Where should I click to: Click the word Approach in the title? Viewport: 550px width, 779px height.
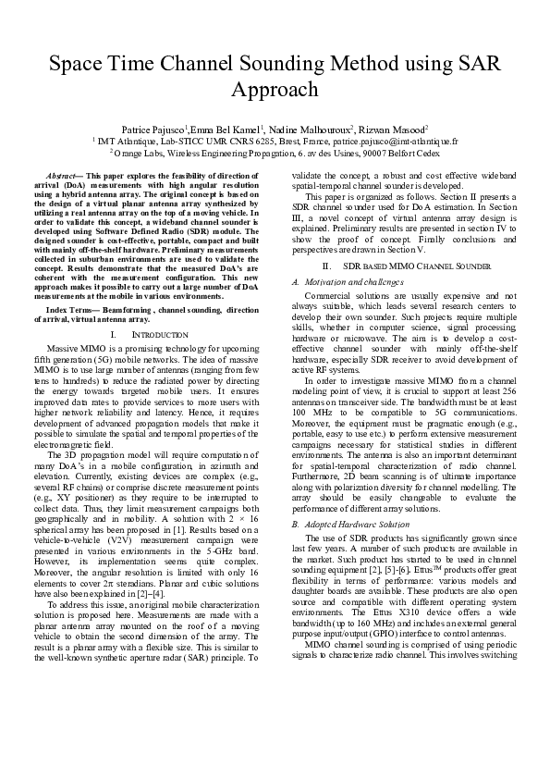click(275, 90)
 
